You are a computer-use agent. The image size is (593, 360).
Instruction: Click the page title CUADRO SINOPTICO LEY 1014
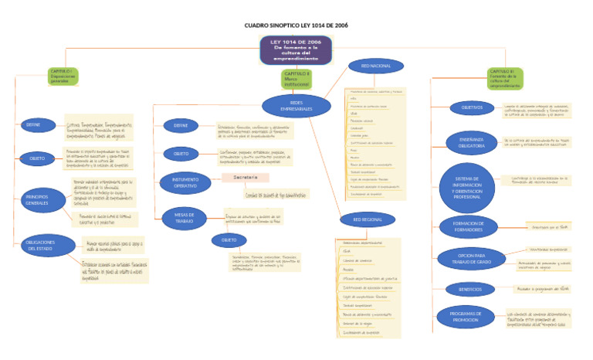(x=296, y=25)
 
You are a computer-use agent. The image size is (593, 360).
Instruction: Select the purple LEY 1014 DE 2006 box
(x=296, y=49)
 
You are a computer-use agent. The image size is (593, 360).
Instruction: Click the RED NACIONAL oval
(x=375, y=66)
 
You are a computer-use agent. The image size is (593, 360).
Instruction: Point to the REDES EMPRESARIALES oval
(x=296, y=105)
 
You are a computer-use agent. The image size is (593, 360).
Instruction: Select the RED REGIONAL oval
(x=367, y=220)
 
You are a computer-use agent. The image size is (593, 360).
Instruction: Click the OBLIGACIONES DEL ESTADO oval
(x=39, y=246)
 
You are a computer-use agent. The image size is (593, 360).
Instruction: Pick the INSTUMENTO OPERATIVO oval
(x=180, y=183)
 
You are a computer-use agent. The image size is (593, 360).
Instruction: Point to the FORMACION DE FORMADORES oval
(x=468, y=227)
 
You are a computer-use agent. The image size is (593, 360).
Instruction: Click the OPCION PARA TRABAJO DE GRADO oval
(x=469, y=258)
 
